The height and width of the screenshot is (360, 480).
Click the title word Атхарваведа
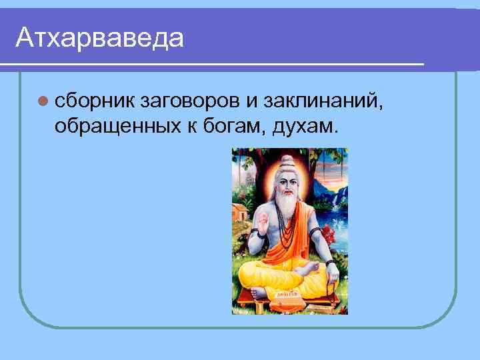(99, 37)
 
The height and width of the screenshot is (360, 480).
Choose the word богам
(235, 124)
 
